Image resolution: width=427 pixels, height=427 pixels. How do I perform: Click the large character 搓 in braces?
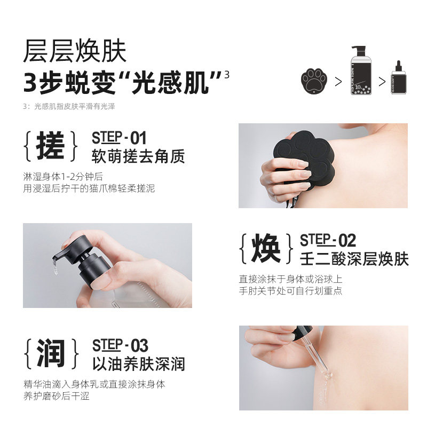tap(50, 145)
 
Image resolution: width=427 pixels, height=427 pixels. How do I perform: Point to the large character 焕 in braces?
tap(266, 249)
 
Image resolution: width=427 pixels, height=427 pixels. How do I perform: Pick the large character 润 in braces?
tap(51, 353)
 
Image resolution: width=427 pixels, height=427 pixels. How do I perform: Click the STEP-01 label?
tap(119, 138)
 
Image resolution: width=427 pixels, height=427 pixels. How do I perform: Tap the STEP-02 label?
tap(328, 240)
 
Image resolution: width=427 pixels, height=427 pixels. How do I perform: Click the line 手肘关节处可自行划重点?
tap(290, 291)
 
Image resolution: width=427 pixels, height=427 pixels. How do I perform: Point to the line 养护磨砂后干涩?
tap(56, 396)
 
